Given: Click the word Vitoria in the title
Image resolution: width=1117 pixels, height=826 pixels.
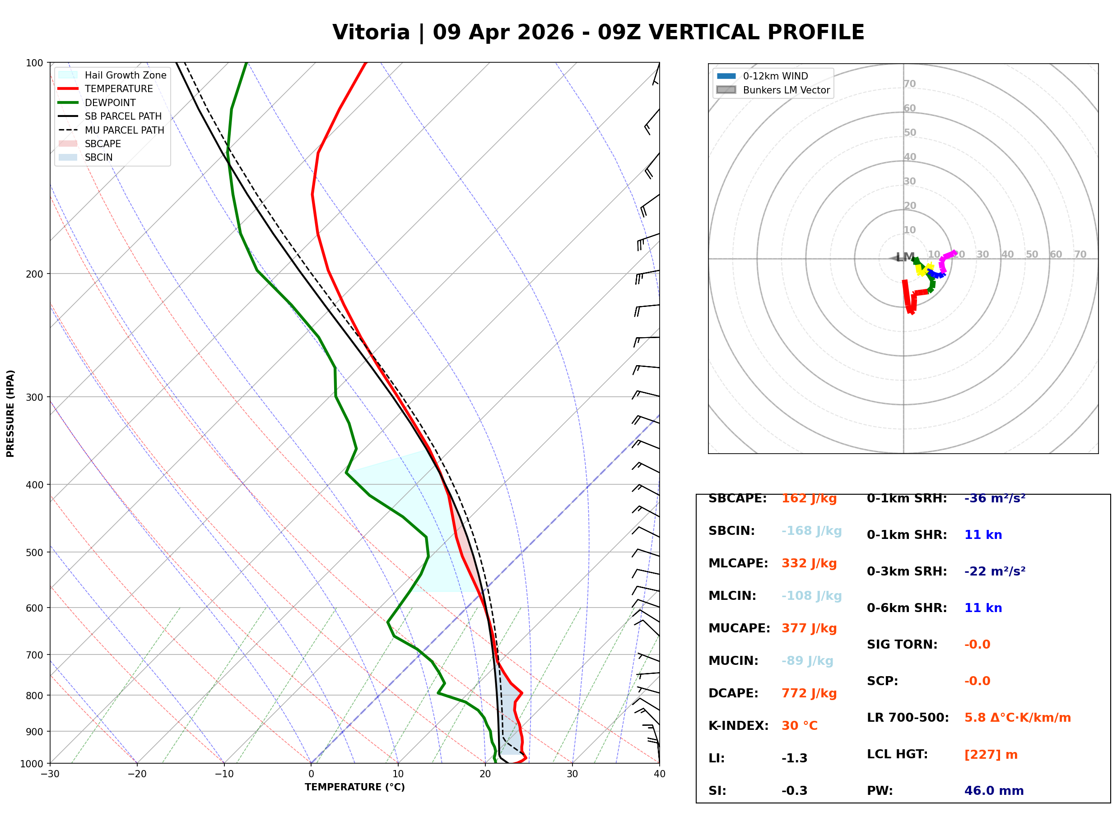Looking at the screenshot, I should pyautogui.click(x=371, y=32).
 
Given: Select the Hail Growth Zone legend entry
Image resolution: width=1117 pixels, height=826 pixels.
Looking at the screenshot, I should pyautogui.click(x=125, y=75).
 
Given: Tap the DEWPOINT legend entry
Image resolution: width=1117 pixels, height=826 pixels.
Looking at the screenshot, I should pyautogui.click(x=110, y=102).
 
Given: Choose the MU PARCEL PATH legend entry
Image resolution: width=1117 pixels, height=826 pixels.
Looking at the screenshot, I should pyautogui.click(x=124, y=130).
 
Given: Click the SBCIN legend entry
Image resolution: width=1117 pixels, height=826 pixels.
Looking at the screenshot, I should pyautogui.click(x=98, y=158).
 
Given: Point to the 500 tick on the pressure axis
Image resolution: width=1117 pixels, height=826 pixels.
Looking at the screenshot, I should pyautogui.click(x=34, y=552).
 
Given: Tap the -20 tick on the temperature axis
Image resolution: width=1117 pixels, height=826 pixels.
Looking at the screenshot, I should pyautogui.click(x=136, y=774).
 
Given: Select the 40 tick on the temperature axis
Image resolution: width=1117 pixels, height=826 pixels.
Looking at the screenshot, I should pyautogui.click(x=659, y=774).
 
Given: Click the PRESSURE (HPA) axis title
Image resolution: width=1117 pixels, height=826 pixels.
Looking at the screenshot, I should pyautogui.click(x=10, y=413).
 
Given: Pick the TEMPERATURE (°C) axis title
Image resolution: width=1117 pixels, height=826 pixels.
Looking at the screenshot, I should pyautogui.click(x=354, y=788).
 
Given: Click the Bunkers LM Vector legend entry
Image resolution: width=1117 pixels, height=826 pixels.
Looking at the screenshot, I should pyautogui.click(x=786, y=90).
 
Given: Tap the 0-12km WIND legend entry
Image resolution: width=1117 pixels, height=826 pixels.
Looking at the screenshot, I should pyautogui.click(x=775, y=76).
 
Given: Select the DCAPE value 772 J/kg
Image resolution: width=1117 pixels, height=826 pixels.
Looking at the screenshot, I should pyautogui.click(x=809, y=693).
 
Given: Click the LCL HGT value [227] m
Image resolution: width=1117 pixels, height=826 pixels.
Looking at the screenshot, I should pyautogui.click(x=991, y=755).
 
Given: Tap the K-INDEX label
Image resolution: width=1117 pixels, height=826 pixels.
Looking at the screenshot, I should pyautogui.click(x=738, y=726).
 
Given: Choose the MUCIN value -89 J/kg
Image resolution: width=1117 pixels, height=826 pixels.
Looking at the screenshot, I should pyautogui.click(x=807, y=661).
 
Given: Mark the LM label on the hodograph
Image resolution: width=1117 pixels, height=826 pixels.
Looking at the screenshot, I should pyautogui.click(x=905, y=257).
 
